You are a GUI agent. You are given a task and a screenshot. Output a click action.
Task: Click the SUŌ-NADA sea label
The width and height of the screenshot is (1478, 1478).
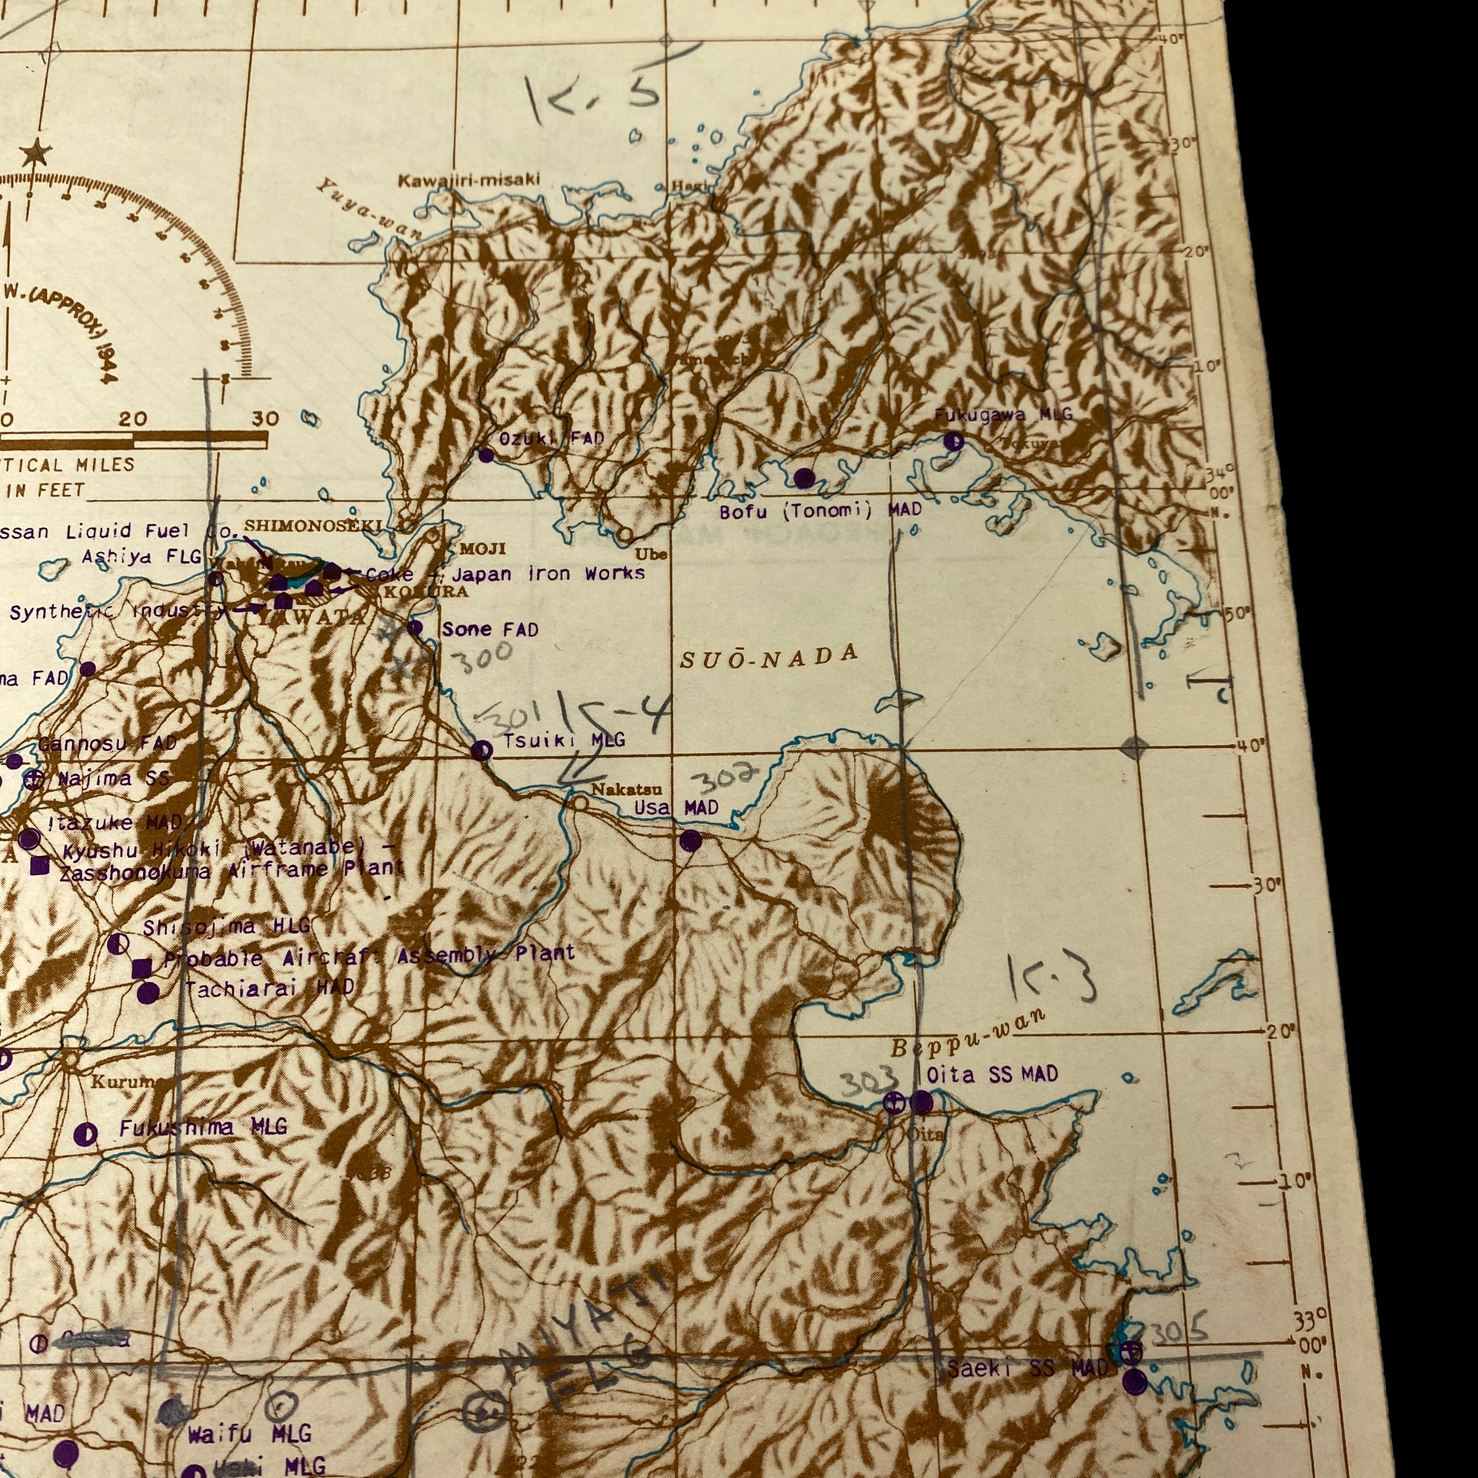[769, 657]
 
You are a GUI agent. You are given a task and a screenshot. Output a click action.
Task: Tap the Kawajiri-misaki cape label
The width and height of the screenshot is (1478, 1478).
[468, 180]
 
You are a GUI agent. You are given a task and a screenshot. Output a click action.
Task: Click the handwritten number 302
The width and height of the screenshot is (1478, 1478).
[723, 778]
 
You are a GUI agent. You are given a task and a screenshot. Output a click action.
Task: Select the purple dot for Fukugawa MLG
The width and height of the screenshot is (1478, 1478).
[953, 441]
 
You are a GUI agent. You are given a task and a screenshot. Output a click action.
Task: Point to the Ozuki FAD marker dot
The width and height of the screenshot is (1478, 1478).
[486, 455]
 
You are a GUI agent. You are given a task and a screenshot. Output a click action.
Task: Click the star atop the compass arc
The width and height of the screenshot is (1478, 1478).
[32, 155]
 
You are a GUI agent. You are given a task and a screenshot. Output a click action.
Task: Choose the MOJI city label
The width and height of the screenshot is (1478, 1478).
[482, 549]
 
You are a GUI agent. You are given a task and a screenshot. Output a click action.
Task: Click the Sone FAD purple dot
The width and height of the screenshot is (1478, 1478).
[414, 628]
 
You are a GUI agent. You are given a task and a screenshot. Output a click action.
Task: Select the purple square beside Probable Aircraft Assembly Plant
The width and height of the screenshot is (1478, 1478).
[141, 967]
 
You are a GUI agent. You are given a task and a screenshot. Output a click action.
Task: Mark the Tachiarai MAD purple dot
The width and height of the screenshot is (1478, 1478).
[148, 993]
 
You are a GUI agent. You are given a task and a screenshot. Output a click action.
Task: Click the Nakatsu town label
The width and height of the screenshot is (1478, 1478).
[616, 789]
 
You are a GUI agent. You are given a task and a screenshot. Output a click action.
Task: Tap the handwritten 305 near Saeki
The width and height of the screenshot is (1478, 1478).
[1179, 1332]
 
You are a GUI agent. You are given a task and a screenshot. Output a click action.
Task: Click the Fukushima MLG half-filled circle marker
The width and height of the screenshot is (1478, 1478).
[86, 1134]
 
